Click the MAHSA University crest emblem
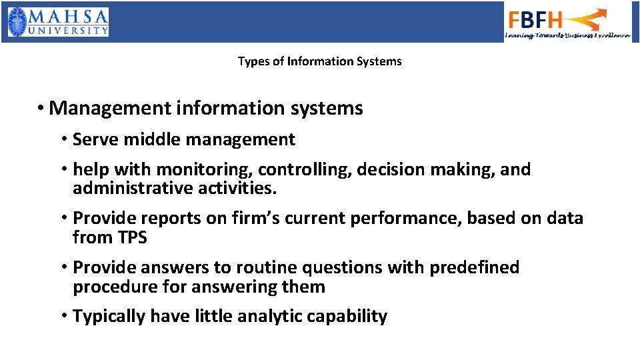coord(19,21)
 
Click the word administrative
coord(133,189)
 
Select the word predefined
coord(474,267)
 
